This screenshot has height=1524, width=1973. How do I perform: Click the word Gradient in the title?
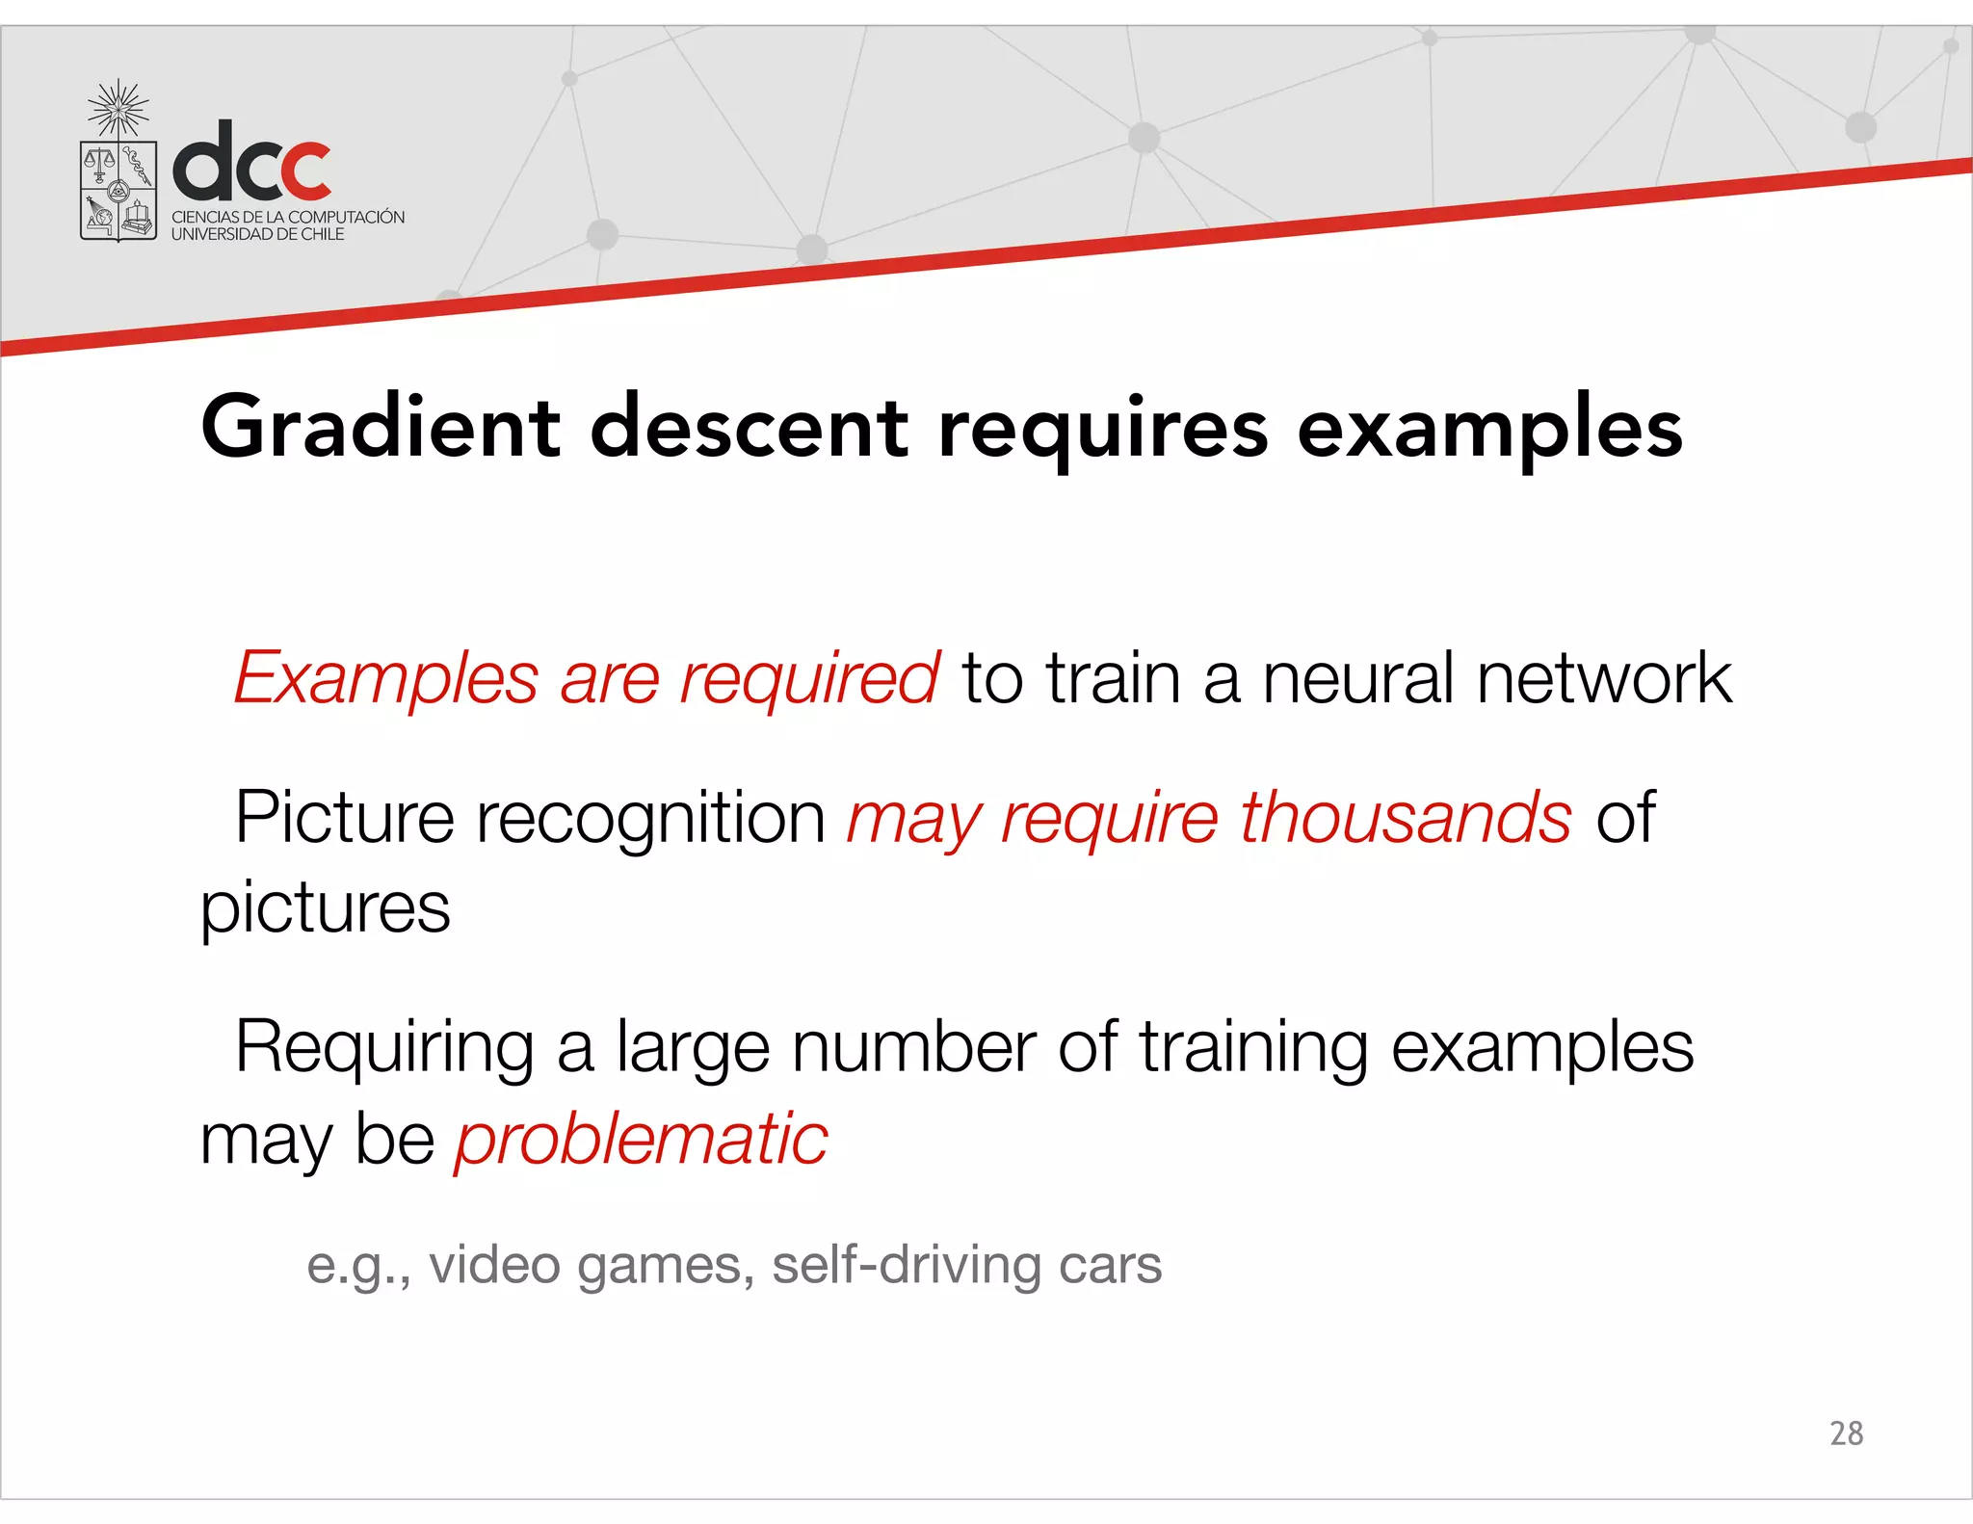coord(380,428)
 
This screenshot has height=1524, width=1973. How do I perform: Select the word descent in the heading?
coord(749,428)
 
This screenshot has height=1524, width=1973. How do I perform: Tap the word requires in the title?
coord(1103,428)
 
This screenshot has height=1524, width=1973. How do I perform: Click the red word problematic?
coord(642,1139)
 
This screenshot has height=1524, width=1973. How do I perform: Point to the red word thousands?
coord(1406,818)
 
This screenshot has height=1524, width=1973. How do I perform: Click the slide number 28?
coord(1846,1433)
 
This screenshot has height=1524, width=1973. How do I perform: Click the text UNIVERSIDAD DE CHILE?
coord(257,234)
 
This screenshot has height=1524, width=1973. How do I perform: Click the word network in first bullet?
coord(1604,678)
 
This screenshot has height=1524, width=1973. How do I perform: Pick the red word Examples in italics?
coord(385,680)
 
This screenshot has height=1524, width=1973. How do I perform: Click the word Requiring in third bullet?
coord(384,1048)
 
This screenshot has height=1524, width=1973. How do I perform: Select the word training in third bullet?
coord(1253,1048)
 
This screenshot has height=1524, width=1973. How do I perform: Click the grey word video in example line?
coord(494,1265)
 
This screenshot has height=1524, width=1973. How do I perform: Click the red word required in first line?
coord(809,680)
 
